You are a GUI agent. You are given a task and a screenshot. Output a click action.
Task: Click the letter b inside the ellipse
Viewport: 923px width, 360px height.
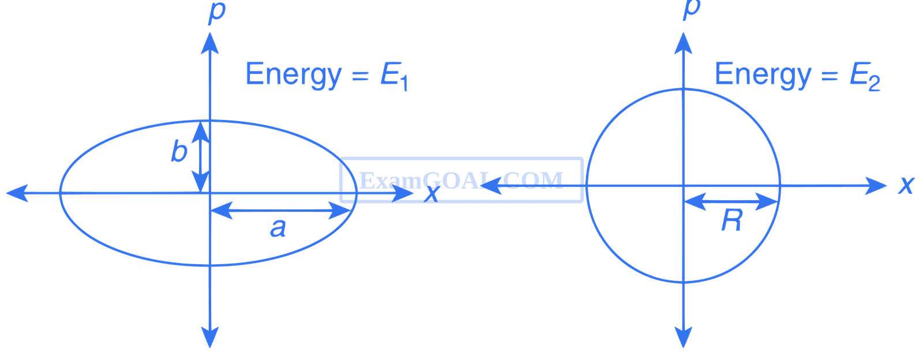(179, 153)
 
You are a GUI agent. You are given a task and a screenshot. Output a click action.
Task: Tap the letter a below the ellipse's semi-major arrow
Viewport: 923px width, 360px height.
(277, 229)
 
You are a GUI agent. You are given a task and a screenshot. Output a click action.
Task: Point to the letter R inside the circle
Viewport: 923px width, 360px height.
(731, 221)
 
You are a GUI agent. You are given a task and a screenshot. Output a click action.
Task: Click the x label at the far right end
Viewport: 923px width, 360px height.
(906, 185)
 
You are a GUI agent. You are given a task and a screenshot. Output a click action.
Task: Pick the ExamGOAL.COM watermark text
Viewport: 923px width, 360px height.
(460, 180)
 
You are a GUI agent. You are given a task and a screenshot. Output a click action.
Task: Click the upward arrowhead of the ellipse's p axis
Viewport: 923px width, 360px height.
(210, 42)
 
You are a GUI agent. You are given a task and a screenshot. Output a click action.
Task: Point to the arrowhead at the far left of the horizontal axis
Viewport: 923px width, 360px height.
(14, 193)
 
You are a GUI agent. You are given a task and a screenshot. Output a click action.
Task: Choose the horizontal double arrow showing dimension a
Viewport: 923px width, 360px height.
(280, 211)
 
